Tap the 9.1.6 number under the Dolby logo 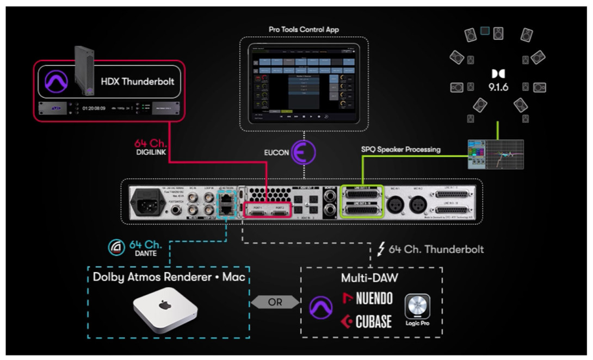[498, 87]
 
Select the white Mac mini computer [165, 311]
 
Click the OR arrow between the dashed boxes [275, 301]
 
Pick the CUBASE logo [366, 321]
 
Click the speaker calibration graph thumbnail [496, 154]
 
